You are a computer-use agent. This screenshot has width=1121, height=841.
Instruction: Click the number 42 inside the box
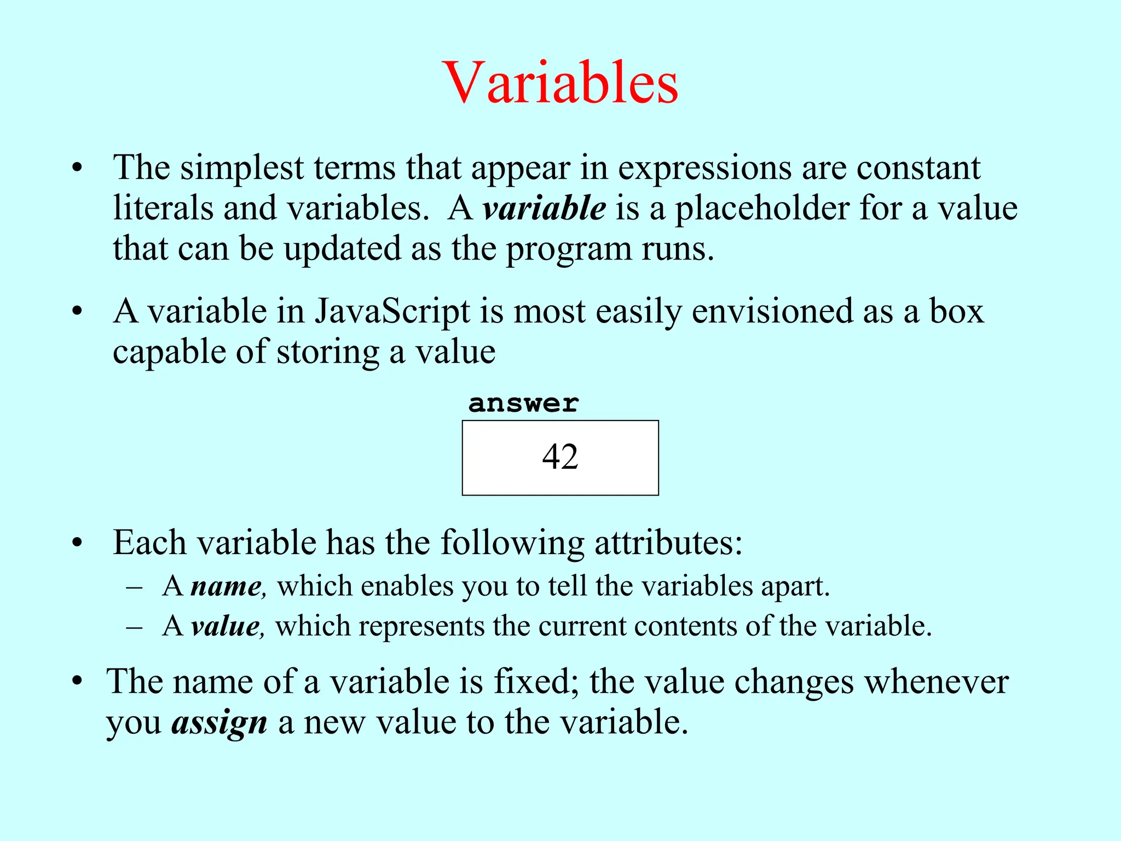560,457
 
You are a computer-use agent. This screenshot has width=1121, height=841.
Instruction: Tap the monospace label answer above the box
523,404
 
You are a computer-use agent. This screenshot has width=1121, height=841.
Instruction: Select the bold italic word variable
544,208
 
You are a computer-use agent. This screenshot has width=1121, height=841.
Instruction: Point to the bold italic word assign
219,723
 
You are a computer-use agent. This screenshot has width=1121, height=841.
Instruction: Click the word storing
328,352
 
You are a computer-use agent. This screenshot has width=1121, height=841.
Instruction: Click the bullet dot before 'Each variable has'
77,544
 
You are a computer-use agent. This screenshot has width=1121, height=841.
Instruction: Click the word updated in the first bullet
343,250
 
